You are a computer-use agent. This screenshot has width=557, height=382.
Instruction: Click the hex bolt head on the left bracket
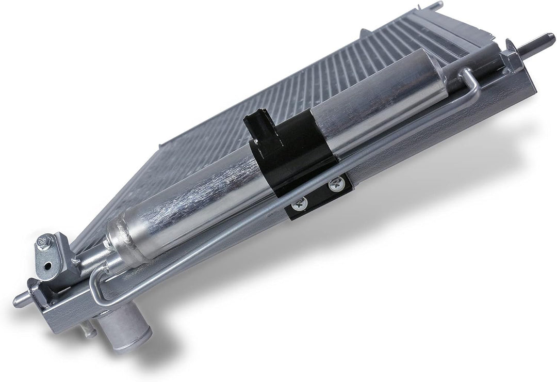[x=44, y=242]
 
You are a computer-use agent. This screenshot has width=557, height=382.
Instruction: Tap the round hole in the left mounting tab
[x=48, y=266]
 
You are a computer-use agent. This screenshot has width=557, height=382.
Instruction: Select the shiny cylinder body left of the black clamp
[x=196, y=196]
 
